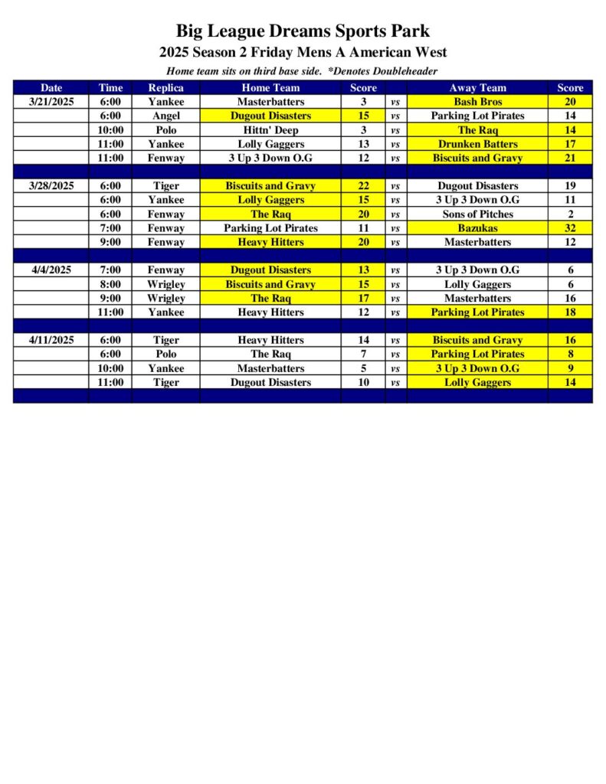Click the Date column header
[51, 88]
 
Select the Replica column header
[165, 88]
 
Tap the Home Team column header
[270, 88]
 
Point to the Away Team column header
[477, 88]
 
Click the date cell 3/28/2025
[51, 186]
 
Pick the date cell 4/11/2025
[51, 340]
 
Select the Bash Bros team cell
[477, 102]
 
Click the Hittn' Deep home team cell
[270, 130]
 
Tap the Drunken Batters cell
[477, 144]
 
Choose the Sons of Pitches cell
[477, 214]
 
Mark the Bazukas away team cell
[477, 228]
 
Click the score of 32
[570, 228]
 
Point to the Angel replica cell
[165, 116]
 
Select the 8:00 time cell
[110, 284]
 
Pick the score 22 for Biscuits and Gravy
[364, 186]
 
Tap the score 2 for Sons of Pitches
[570, 214]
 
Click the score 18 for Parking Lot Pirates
[570, 312]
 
